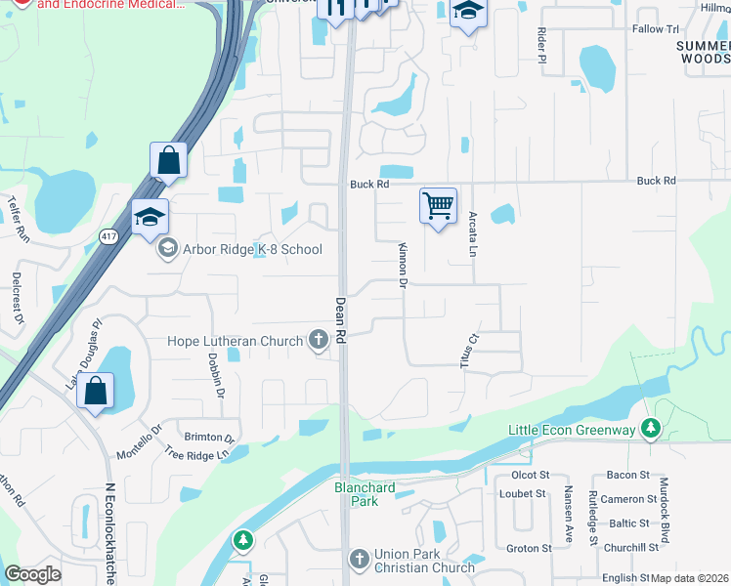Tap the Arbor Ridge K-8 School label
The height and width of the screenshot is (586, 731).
pos(252,249)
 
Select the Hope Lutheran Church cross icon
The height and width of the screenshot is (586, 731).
pos(318,341)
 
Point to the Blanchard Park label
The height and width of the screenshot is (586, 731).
pos(365,494)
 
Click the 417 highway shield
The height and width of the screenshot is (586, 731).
pos(108,235)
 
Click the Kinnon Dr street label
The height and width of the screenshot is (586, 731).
pos(402,266)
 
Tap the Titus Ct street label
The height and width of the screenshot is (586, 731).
pos(471,352)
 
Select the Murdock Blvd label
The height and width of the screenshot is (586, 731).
pos(665,510)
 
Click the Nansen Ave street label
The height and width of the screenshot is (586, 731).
pos(567,514)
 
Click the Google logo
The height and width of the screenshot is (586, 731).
pos(32,574)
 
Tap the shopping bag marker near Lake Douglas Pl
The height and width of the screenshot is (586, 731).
pos(96,392)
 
